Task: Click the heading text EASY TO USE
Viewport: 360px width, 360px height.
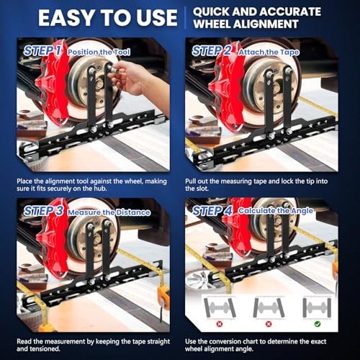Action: pos(108,18)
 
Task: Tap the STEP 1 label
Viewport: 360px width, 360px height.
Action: pos(42,51)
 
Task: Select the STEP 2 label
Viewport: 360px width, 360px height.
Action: pos(212,51)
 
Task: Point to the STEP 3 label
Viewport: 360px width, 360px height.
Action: pos(43,211)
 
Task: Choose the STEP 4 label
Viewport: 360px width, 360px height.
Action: pos(212,211)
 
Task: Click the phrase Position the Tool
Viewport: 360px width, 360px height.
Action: pos(99,52)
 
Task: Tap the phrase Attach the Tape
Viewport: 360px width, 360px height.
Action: pos(269,53)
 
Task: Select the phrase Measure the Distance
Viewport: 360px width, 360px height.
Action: pos(109,212)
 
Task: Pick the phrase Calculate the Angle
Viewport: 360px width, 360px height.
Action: pos(276,211)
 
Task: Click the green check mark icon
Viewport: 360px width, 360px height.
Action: pos(318,324)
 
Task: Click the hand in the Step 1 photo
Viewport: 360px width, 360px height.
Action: pos(135,78)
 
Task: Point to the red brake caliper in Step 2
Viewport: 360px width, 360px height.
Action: pos(224,89)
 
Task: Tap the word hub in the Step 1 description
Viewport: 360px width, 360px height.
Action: pos(101,189)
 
